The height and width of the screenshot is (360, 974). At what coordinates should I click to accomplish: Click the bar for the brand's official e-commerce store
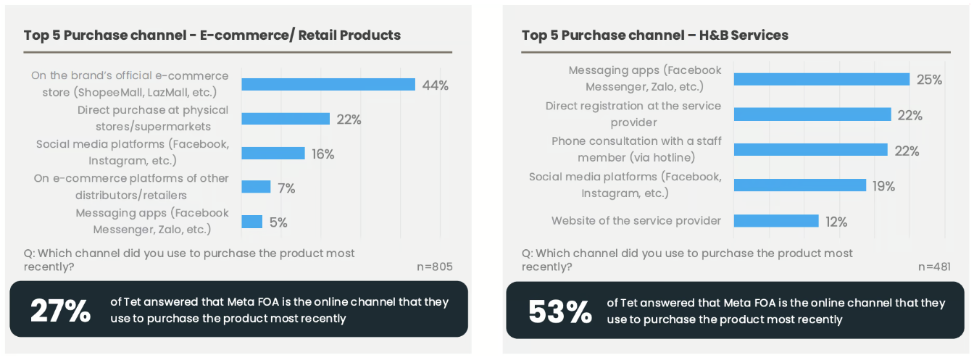328,85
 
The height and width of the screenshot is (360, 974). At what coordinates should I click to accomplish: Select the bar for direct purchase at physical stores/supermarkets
285,119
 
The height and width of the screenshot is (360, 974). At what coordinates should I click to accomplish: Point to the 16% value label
322,154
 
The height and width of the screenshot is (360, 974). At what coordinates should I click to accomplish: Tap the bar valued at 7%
255,188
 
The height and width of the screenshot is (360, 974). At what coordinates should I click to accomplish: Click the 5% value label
278,222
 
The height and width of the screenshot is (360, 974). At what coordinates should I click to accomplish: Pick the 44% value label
435,85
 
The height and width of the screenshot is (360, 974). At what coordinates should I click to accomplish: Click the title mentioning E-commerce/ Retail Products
212,35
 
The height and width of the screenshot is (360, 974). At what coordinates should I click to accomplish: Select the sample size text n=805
434,267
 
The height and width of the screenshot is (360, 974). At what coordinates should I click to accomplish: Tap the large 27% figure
60,310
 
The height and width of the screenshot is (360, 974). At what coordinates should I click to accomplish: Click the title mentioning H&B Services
654,35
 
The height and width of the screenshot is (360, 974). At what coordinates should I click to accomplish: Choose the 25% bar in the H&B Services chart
821,80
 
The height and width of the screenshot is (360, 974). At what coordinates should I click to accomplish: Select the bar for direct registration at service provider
812,114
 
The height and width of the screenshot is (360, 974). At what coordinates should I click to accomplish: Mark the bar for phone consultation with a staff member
810,150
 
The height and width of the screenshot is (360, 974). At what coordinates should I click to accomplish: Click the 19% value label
883,186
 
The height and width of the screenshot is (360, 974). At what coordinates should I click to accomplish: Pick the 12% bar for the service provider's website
775,221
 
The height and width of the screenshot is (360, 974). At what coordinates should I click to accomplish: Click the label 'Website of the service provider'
636,221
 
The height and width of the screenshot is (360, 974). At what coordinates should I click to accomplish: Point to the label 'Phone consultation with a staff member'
636,149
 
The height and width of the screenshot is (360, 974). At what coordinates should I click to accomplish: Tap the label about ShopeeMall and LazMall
130,84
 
